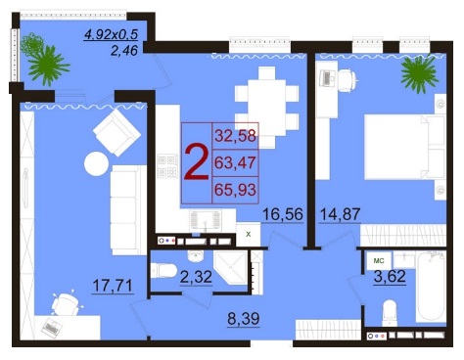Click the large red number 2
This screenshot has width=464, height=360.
click(x=197, y=162)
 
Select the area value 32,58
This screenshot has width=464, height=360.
click(x=235, y=136)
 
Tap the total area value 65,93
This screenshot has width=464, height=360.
click(x=235, y=189)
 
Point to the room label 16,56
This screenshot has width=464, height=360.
click(x=283, y=214)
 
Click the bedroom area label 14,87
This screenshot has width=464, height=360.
click(x=340, y=214)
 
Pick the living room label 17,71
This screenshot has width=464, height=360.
click(x=113, y=286)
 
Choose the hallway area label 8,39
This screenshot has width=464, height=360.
click(x=244, y=318)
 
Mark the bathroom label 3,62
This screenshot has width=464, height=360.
click(x=390, y=277)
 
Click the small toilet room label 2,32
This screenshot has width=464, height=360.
click(x=196, y=277)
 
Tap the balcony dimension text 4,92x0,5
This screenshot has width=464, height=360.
click(x=111, y=34)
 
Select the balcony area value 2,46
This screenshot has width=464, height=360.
click(x=124, y=50)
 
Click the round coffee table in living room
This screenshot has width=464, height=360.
click(x=96, y=163)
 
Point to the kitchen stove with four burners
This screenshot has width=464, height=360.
click(x=167, y=166)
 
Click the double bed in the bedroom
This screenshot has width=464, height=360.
click(x=404, y=147)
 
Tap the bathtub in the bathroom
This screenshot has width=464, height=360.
click(x=431, y=287)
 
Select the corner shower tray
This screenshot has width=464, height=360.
click(x=231, y=267)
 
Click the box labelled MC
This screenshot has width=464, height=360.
click(x=379, y=260)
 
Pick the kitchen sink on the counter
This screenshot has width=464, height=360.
click(x=205, y=220)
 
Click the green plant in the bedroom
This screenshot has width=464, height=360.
click(x=418, y=73)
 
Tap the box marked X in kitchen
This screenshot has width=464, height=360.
click(x=249, y=234)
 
